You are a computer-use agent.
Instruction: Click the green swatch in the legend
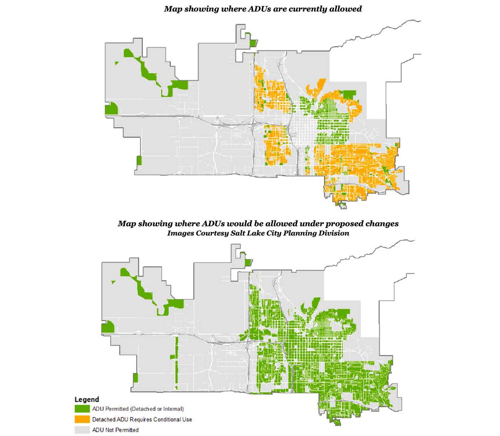tap(82, 409)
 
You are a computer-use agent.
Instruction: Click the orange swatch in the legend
tap(82, 419)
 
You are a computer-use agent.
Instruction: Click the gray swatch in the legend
tap(82, 430)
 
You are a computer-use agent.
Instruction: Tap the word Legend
tap(87, 400)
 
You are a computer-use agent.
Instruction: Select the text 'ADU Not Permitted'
tap(115, 430)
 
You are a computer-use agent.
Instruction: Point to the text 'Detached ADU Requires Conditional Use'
tap(142, 419)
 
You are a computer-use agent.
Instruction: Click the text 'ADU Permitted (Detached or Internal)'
tap(138, 409)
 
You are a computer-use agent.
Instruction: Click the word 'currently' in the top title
tap(295, 9)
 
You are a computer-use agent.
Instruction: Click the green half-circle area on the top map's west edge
tap(111, 109)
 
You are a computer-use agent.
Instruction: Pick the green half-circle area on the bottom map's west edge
tap(107, 328)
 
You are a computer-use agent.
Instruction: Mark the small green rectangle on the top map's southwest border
tap(139, 160)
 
